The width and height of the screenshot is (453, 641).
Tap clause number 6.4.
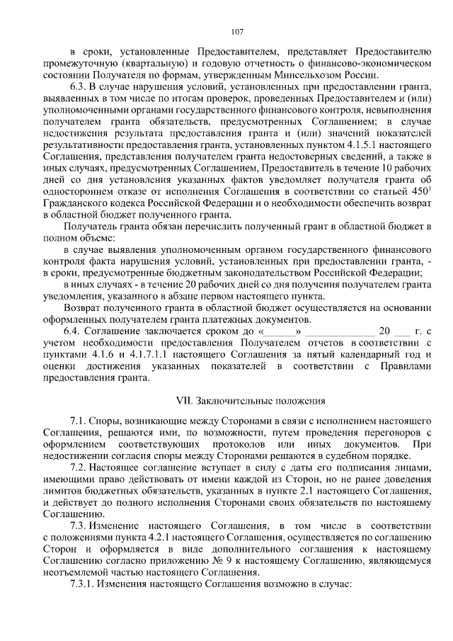click(x=72, y=331)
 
